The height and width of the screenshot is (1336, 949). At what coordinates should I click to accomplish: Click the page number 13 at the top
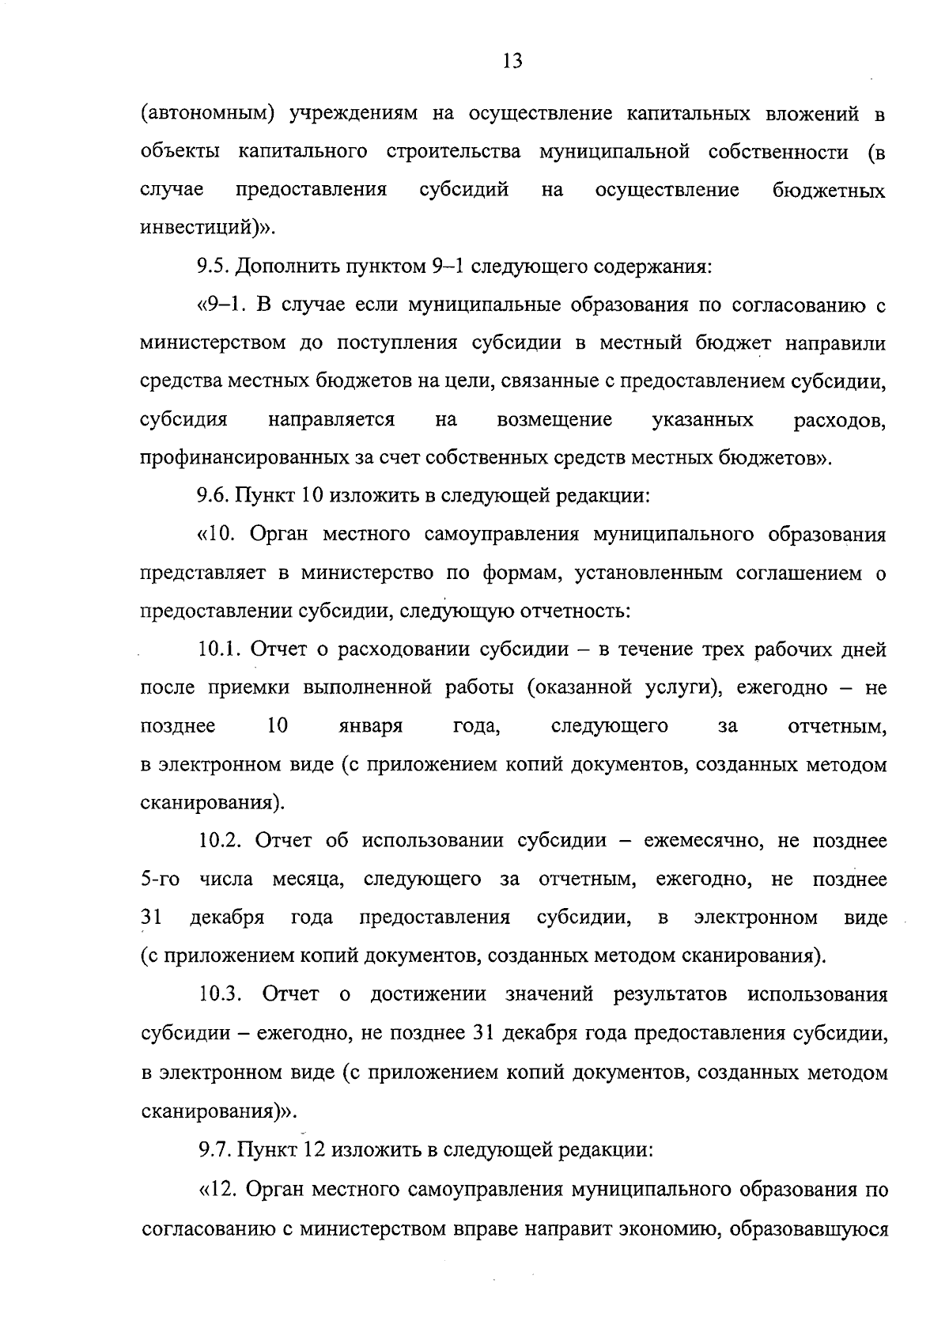(x=512, y=61)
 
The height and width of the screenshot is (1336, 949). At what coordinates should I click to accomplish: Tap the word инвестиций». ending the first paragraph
(x=208, y=229)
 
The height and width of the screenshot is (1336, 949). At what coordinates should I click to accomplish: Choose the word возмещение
(x=554, y=420)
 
